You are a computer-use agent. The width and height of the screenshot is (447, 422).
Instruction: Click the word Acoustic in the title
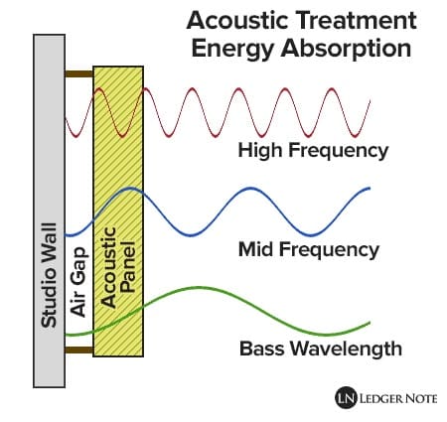point(237,20)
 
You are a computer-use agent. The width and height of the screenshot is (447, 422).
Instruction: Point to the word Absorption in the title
point(346,50)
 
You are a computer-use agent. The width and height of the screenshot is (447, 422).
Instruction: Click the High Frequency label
point(313,151)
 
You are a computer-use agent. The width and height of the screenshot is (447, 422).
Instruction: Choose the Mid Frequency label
point(309,250)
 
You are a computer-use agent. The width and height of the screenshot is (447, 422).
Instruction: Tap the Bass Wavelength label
point(321,349)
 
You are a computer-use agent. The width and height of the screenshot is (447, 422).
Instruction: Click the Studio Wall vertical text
point(49,275)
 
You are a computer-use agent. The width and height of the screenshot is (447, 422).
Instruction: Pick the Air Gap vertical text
point(78,282)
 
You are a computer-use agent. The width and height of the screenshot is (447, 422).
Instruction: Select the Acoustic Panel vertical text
point(117,267)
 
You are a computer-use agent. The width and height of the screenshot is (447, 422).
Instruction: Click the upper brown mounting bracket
point(79,73)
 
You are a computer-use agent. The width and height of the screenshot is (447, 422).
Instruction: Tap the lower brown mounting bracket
point(79,350)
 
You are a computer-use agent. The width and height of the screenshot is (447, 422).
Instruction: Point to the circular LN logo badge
point(346,398)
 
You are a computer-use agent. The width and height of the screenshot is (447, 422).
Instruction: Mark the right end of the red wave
point(370,100)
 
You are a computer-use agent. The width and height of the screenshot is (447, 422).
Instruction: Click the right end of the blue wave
point(370,189)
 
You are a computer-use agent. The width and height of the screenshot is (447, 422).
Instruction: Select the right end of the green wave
point(370,323)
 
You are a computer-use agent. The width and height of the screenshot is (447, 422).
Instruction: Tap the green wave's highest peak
point(199,287)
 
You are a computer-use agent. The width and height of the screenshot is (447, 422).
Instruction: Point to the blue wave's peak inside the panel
point(130,189)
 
